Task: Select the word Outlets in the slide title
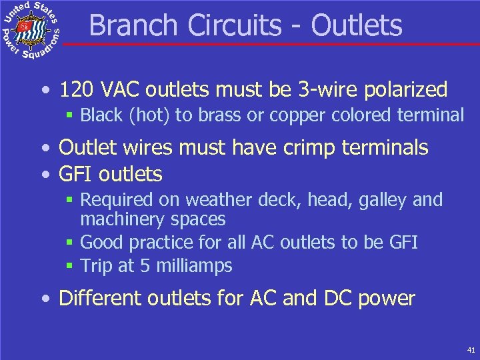(357, 25)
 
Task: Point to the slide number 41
(471, 349)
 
